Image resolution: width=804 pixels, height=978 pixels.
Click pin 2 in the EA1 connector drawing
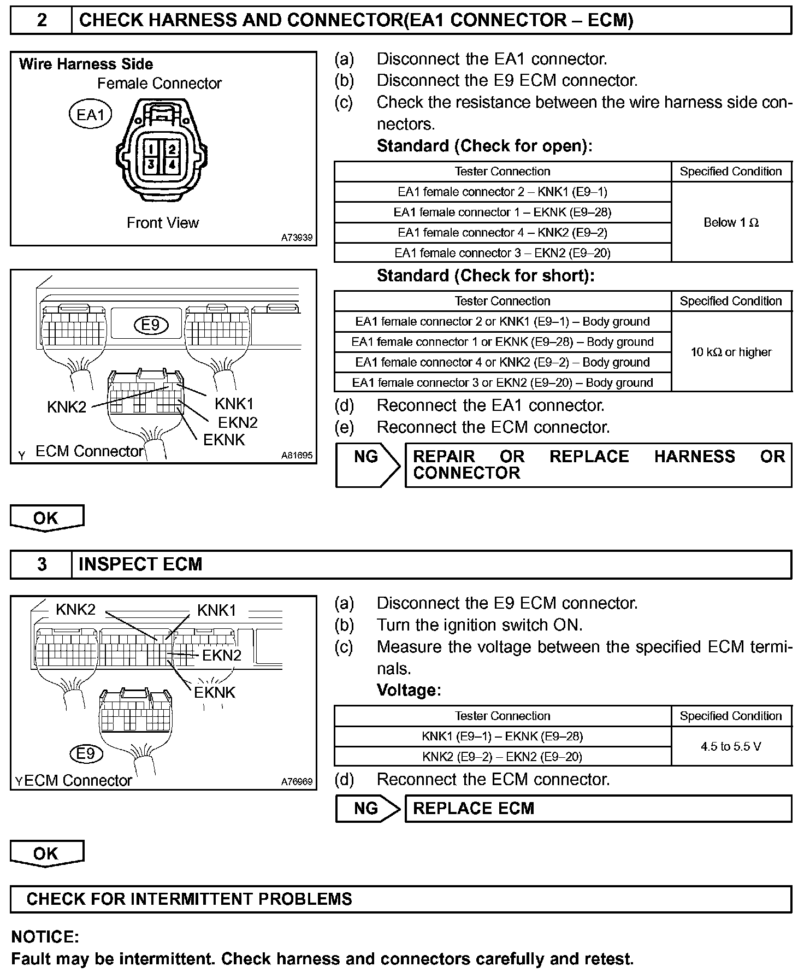(172, 148)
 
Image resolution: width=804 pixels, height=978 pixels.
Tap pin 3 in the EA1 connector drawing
(151, 164)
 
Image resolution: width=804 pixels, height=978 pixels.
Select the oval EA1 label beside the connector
(90, 115)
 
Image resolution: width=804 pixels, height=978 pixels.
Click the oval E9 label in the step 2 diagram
(151, 325)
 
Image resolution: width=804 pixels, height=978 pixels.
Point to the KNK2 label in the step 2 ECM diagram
(67, 407)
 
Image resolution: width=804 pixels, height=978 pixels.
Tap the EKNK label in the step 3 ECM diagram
(215, 692)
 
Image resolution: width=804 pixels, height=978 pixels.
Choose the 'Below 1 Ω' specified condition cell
(731, 222)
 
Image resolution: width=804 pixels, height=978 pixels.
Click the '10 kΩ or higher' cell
(731, 352)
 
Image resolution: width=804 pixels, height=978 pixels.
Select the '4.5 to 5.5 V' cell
(731, 746)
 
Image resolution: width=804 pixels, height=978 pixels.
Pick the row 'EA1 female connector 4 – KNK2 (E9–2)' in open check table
(503, 232)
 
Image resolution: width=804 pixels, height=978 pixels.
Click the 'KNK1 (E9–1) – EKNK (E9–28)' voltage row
(503, 736)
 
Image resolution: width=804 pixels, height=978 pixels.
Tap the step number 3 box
(42, 564)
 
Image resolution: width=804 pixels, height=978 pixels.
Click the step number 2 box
(42, 20)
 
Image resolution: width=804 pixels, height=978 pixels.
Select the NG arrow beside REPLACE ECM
(367, 808)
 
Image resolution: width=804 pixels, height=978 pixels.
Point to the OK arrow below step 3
(46, 855)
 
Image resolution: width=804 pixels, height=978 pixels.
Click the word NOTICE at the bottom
(45, 937)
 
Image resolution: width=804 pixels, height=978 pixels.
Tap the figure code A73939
(297, 238)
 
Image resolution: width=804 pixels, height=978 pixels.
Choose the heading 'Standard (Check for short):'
(485, 275)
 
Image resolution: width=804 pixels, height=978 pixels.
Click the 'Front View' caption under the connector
(163, 223)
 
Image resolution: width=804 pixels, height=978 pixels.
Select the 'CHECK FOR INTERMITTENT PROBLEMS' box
(401, 899)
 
